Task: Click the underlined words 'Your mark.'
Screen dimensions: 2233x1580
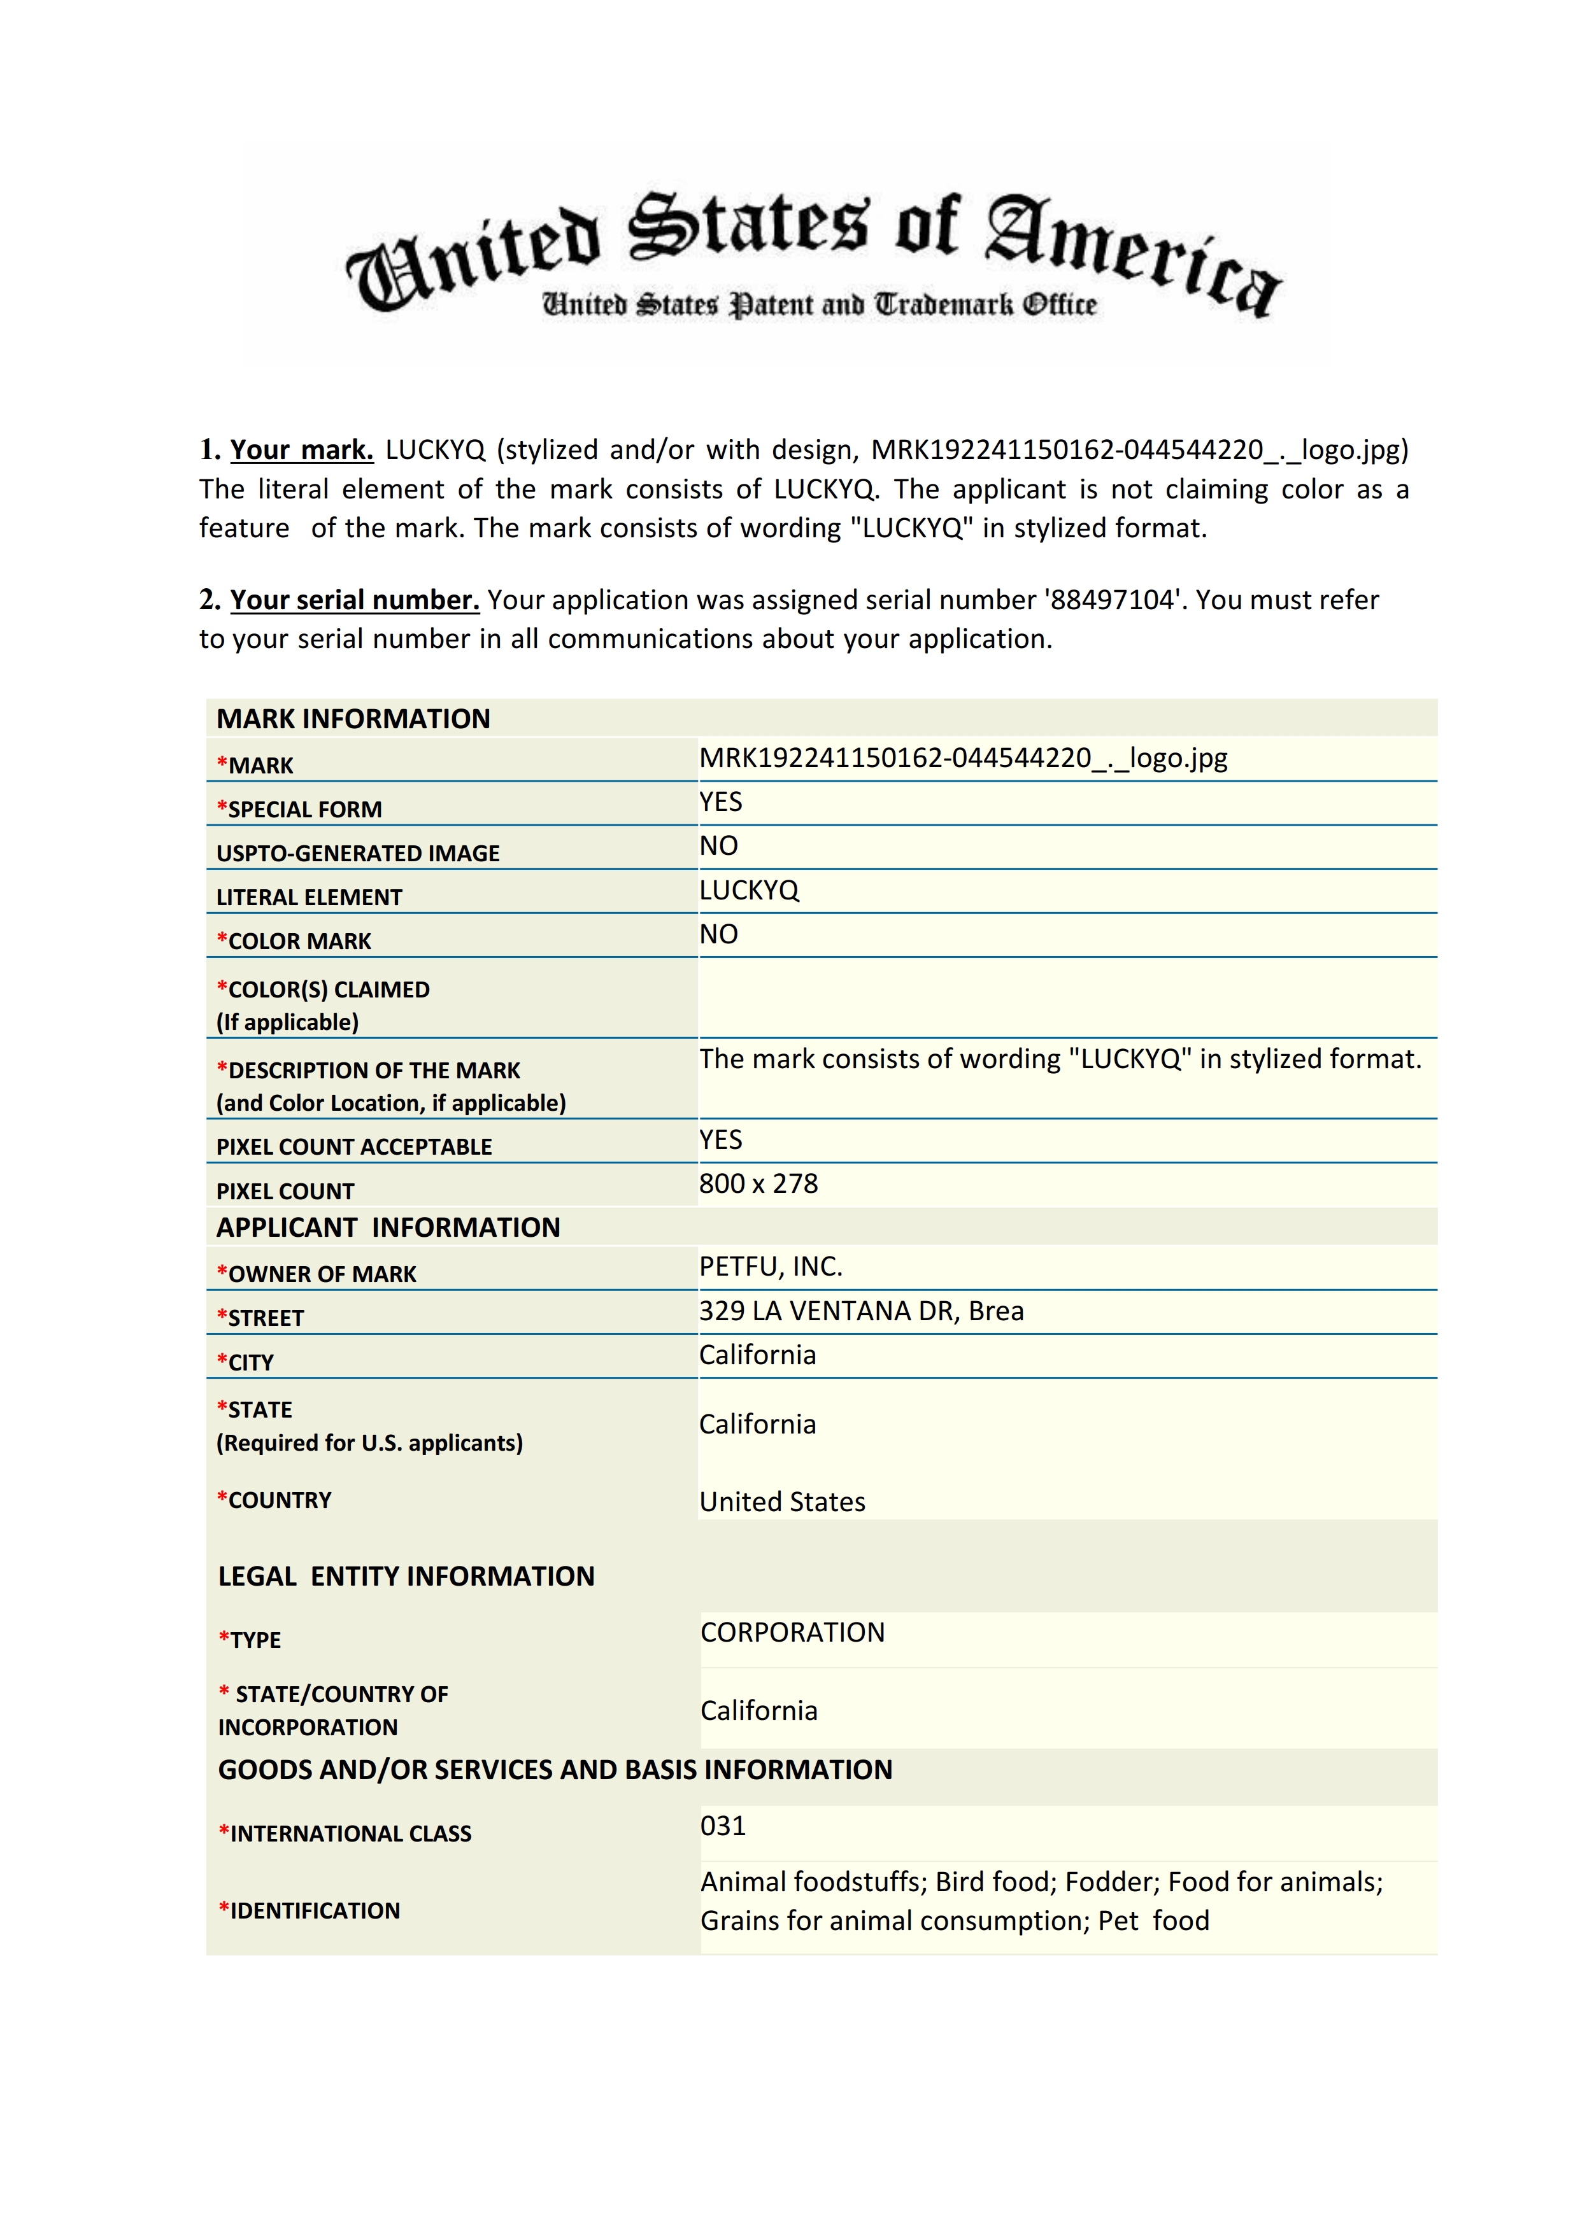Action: [x=302, y=450]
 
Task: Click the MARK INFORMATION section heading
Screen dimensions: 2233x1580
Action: [x=353, y=719]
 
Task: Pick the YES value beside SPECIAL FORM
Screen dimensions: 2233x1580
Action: [x=721, y=802]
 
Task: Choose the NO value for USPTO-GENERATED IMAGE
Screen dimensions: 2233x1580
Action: [x=719, y=846]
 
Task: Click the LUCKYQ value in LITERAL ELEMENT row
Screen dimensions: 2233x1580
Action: [x=749, y=891]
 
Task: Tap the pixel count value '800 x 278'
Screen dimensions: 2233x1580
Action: [x=759, y=1183]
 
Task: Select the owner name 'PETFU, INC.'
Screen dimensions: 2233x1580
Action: [x=771, y=1266]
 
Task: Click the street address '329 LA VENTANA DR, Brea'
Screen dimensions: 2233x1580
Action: [x=861, y=1311]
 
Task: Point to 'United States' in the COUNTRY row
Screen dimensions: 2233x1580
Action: [x=782, y=1502]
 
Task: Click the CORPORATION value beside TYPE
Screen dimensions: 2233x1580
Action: [x=793, y=1632]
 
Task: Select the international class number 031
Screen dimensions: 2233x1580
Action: [x=723, y=1826]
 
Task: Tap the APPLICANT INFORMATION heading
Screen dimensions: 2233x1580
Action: [x=388, y=1227]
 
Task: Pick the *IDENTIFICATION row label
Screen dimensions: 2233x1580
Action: [x=310, y=1910]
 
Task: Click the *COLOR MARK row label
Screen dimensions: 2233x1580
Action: [x=294, y=941]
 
